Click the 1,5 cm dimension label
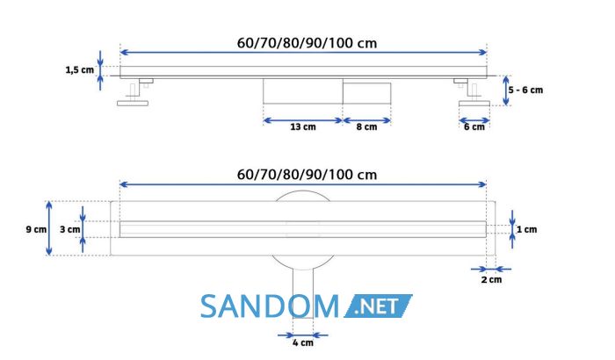(x=80, y=70)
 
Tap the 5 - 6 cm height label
(x=525, y=90)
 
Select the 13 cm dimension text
(x=303, y=127)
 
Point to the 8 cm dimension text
(x=366, y=127)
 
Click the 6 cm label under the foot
(x=474, y=127)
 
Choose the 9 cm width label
(x=36, y=229)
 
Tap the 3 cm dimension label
(x=69, y=229)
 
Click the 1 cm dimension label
(x=526, y=229)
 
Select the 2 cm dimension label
(x=491, y=279)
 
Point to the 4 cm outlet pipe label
(x=303, y=342)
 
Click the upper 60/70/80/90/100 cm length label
(x=307, y=43)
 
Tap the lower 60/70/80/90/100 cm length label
(x=307, y=175)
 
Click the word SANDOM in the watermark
(x=270, y=306)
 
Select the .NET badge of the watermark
(x=378, y=306)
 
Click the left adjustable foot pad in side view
(x=133, y=103)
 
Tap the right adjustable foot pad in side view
(x=474, y=104)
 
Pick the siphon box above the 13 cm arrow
(x=303, y=91)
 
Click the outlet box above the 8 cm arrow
(x=366, y=93)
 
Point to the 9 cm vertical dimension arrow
(x=49, y=228)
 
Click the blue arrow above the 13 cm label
(x=303, y=120)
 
